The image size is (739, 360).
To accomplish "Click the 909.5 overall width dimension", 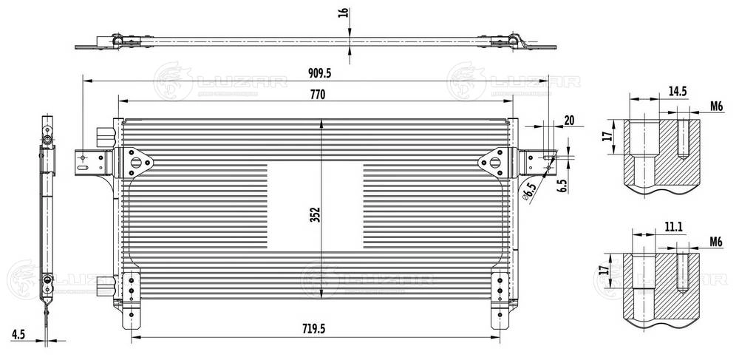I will pos(320,72).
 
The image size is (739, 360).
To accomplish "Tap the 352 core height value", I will pos(315,214).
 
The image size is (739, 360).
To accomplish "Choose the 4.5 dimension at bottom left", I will pos(18,334).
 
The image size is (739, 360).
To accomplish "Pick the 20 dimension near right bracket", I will pos(569,120).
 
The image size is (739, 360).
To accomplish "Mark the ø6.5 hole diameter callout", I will pos(528,192).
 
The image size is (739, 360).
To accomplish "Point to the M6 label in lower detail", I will pos(715,242).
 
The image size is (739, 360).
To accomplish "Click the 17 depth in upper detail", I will pos(607,137).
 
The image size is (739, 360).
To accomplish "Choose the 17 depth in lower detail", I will pos(607,271).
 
